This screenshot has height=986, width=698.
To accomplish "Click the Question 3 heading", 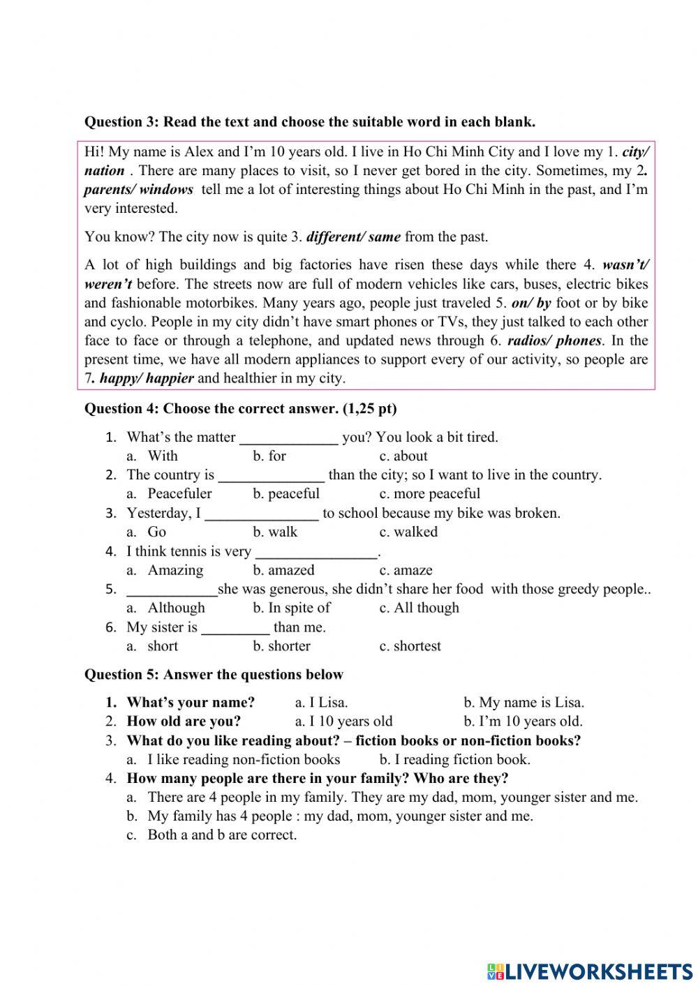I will [309, 122].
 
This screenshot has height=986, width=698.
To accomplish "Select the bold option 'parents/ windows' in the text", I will [138, 190].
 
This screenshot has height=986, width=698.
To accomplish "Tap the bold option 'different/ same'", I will [353, 237].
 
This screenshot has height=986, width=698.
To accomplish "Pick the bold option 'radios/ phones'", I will [554, 341].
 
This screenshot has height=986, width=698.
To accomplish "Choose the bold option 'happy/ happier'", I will [146, 379].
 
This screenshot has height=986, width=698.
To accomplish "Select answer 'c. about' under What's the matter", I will [403, 456].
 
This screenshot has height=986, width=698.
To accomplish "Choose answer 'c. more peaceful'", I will [429, 494].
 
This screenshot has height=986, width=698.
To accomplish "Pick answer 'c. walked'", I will [408, 532].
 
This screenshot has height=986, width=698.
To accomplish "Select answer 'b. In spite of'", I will [292, 608].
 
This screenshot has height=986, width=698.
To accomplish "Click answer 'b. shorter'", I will [281, 646].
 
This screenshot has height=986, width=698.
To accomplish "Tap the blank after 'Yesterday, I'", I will [262, 514].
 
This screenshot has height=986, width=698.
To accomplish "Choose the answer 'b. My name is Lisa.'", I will [523, 703].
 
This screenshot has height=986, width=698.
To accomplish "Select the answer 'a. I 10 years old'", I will [343, 722].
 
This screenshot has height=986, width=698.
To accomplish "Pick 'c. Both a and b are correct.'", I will [221, 835].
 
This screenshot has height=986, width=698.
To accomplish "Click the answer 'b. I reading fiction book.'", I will [454, 760].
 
